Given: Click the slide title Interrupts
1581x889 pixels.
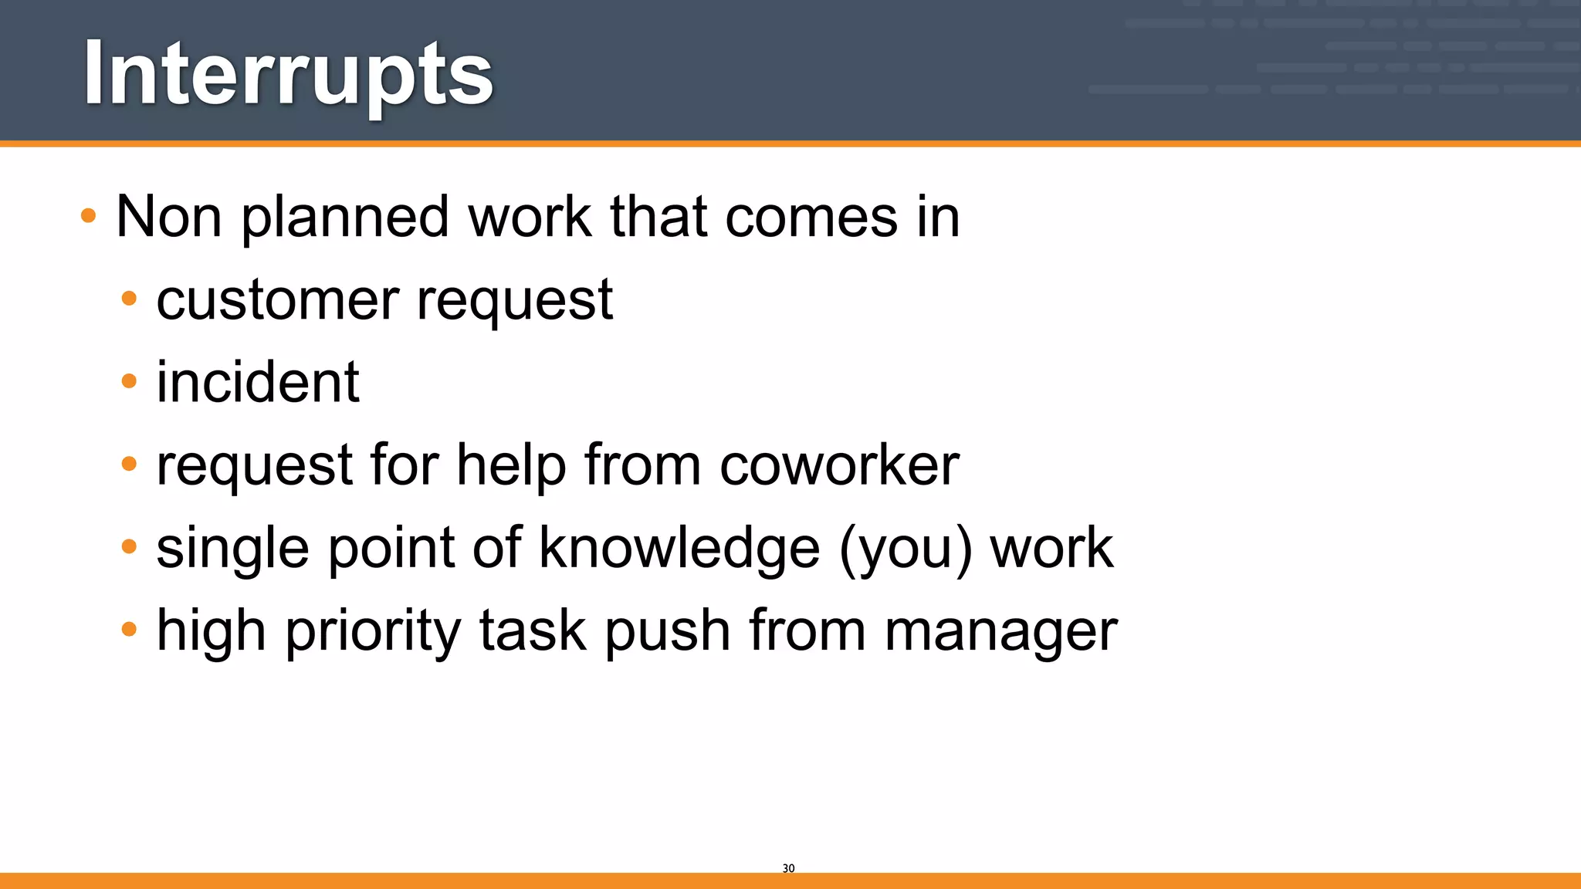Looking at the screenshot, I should tap(288, 74).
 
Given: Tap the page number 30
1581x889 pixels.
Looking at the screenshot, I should tap(788, 868).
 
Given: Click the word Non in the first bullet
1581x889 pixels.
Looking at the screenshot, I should tap(169, 217).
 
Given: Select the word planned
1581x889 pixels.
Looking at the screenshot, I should tap(345, 218).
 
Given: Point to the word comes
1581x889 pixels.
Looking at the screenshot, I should tap(811, 218).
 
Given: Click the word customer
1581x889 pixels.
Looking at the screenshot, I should tap(278, 300).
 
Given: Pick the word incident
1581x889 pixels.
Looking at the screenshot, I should tap(258, 383).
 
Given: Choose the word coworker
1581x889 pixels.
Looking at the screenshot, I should tap(839, 466).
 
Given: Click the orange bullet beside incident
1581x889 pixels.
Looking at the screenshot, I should tap(129, 380).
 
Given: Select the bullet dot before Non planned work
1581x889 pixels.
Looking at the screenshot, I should tap(88, 215).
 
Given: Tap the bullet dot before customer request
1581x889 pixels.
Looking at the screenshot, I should tap(129, 298).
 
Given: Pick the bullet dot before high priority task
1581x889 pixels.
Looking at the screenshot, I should tap(129, 629).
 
